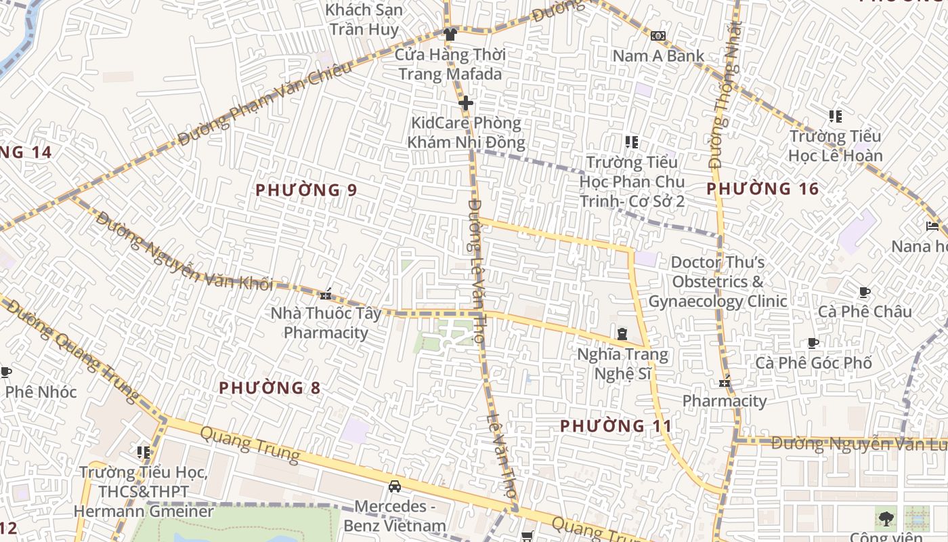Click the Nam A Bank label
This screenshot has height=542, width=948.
658,56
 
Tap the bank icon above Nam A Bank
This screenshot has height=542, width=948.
658,35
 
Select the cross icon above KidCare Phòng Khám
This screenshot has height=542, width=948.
466,103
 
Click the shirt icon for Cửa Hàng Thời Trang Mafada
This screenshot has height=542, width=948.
450,34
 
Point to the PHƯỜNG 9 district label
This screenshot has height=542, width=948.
306,190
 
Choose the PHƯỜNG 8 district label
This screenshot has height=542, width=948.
270,388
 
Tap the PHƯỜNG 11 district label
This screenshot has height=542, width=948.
616,426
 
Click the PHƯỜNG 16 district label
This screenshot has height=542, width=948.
762,189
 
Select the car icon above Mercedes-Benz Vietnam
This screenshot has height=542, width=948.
394,486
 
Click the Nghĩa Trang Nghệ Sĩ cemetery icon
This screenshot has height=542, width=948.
622,333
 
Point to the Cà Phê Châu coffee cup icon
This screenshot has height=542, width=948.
864,292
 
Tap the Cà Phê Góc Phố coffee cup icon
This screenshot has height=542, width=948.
813,343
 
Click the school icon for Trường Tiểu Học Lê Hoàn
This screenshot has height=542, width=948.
836,117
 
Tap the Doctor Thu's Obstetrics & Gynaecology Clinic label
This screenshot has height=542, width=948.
718,282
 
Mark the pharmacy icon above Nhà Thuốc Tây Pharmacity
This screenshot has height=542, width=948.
326,293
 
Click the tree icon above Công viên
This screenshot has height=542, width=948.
885,519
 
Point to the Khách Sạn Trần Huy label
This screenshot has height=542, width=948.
364,20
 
